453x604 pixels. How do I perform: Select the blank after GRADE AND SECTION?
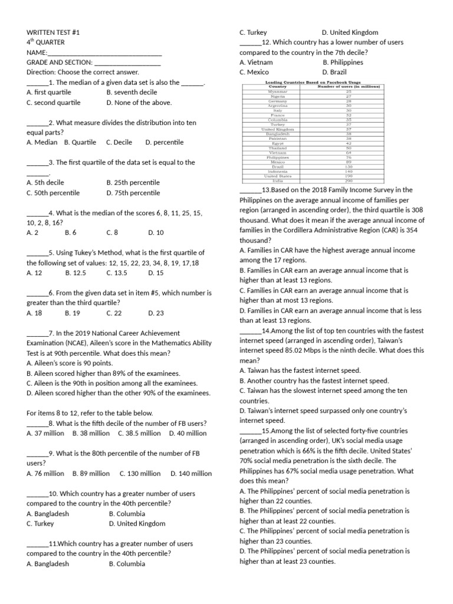127,63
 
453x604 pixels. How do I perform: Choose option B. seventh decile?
132,92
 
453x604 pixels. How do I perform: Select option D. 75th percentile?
133,192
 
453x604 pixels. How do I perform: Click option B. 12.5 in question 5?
76,273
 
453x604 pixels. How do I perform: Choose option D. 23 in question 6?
156,313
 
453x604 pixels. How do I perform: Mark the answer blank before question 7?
37,333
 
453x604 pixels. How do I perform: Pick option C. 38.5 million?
139,433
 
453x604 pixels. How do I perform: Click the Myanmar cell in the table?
277,91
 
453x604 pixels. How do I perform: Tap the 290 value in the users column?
348,180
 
